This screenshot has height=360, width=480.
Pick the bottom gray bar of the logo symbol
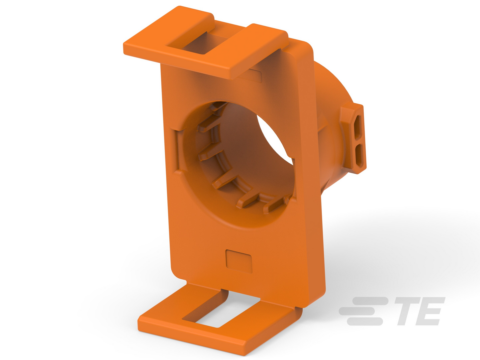[365, 321]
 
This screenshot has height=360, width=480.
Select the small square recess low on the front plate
[239, 261]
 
